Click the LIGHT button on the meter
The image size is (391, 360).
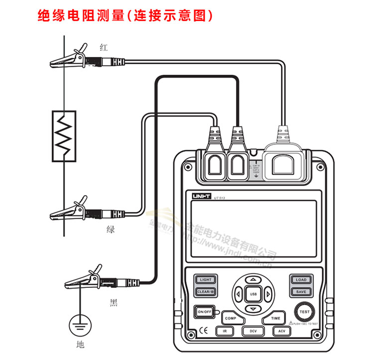pos(206,280)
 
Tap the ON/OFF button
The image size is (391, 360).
pos(205,312)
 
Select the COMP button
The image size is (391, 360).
pos(230,318)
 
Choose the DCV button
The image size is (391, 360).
pos(253,331)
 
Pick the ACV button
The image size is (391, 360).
pos(281,331)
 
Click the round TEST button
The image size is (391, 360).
pos(304,312)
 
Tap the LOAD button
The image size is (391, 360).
pos(301,280)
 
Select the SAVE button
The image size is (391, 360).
pos(301,291)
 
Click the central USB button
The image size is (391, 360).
pos(253,294)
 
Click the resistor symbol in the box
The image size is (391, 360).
pos(64,135)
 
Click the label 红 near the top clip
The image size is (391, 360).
pos(104,48)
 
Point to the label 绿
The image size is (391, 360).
pos(111,230)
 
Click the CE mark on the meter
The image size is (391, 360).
pos(203,330)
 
